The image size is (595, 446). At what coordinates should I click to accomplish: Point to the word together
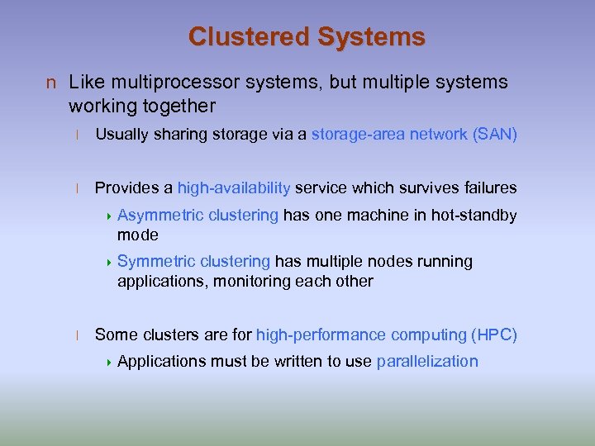click(179, 106)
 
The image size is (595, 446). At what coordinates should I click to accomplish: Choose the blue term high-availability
click(234, 187)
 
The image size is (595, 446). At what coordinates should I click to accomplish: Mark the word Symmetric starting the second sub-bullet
click(154, 262)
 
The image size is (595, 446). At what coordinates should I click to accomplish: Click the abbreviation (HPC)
click(494, 334)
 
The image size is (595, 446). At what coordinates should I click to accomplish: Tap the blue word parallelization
click(427, 361)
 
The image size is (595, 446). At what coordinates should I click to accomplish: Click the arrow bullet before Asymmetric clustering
click(111, 216)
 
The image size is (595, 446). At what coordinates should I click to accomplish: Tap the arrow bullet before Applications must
click(111, 362)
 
